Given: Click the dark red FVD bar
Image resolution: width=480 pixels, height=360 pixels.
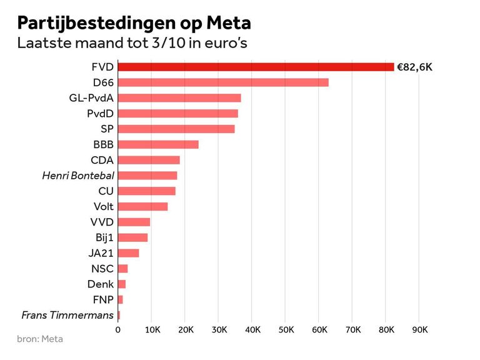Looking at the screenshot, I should coord(256,67).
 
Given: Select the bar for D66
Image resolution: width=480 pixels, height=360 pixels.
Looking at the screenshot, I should coord(223,82).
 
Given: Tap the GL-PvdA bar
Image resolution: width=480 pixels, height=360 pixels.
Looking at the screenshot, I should coord(179,98).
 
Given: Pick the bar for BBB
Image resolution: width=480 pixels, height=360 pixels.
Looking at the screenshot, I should coord(158,144).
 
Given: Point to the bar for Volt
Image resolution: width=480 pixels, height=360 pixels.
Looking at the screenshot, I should coord(142,206).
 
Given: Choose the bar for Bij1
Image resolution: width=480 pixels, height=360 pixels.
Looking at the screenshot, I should coord(132,237).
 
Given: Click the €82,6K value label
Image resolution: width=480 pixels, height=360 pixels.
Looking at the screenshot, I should coord(414,67).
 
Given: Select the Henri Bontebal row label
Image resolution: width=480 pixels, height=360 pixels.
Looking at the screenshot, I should coord(78,176).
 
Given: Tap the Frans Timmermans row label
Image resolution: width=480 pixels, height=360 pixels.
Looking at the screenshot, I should coord(67,315).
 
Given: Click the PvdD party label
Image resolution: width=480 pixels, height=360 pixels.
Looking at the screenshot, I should coord(100,114).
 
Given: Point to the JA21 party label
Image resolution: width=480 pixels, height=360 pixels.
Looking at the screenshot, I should coord(101,253).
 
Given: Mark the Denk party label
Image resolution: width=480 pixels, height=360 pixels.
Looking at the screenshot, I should coord(101,284).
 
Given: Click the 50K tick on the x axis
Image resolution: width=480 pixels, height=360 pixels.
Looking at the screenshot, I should coord(286,329).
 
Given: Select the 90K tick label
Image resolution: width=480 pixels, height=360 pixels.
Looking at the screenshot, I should coord(419,329).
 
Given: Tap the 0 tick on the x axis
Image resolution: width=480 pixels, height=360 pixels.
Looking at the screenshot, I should coord(118,329).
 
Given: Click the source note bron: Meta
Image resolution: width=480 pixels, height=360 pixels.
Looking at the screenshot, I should coord(40,339).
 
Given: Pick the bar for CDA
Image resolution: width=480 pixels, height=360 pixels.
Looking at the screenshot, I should coord(149,160).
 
